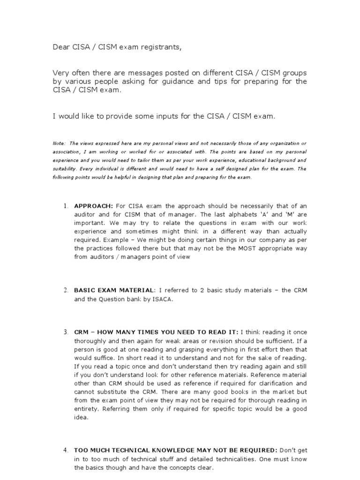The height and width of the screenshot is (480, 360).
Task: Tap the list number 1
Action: point(66,206)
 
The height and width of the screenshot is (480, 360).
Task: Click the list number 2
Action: point(66,290)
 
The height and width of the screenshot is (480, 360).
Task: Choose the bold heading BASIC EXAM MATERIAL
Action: point(114,290)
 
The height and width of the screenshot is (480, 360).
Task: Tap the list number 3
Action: point(66,332)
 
